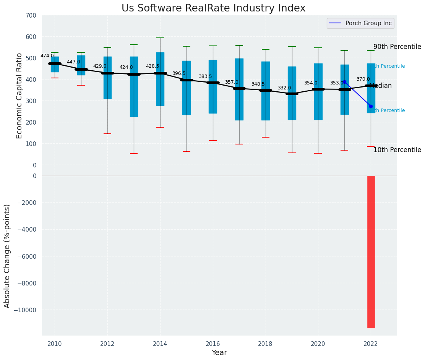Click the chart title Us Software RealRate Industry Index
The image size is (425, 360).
tap(213, 8)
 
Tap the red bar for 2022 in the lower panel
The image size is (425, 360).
tap(371, 251)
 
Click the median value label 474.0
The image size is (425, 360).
tap(47, 56)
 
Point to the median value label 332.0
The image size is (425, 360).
tap(284, 88)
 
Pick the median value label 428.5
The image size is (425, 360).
tap(152, 66)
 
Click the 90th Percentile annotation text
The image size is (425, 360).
tap(397, 47)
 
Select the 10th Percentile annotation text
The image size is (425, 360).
tap(397, 150)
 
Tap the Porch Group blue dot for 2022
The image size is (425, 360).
tap(371, 106)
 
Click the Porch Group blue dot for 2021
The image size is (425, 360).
tap(344, 82)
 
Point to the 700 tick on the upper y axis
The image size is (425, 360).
tap(31, 16)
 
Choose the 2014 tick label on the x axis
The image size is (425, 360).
tap(160, 343)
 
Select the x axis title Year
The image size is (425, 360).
tap(219, 353)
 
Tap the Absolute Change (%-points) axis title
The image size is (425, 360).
tap(7, 256)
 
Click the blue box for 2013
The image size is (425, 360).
tap(134, 87)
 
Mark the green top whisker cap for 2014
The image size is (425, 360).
tap(160, 38)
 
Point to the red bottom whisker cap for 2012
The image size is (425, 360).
tap(107, 134)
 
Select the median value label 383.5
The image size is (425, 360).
tap(205, 76)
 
